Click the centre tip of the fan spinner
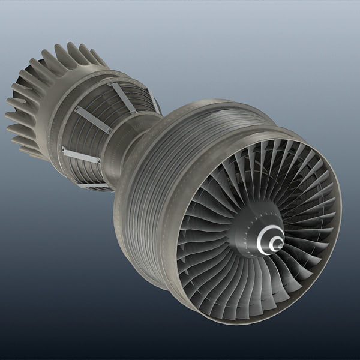pos(277,243)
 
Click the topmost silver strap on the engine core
pos(122,97)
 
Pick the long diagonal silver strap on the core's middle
pos(93,120)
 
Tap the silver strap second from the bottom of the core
pos(80,155)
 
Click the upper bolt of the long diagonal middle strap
pos(77,109)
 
